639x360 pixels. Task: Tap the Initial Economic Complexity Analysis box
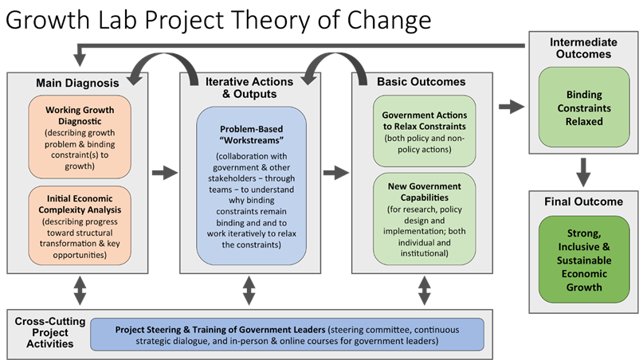78,225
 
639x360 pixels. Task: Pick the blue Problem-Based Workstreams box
251,187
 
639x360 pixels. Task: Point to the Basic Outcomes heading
421,81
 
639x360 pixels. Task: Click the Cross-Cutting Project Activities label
45,332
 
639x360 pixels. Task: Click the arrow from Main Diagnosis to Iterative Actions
163,171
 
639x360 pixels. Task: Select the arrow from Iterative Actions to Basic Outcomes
337,171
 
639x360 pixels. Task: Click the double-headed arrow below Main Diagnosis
78,290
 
